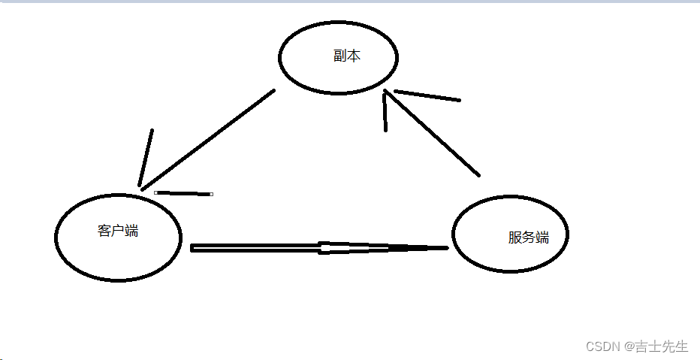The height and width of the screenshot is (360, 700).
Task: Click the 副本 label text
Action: coord(347,56)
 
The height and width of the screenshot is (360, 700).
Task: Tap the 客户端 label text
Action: coord(118,231)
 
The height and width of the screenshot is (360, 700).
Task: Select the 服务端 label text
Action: coord(529,238)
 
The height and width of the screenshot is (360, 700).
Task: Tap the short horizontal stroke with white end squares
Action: coord(183,193)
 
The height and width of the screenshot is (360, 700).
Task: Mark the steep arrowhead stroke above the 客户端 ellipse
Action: coord(146,158)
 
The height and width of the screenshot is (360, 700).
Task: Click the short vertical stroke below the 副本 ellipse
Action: coord(385,113)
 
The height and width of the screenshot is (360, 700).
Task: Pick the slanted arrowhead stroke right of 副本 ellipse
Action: coord(427,95)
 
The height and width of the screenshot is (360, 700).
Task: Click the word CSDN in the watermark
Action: coord(601,346)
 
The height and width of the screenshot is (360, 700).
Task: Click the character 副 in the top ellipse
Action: coord(340,56)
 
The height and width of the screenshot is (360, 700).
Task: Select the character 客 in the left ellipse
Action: coord(104,231)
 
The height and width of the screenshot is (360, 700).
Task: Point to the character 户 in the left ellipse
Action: coord(118,231)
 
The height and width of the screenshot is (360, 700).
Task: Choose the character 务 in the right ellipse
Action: coord(529,238)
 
